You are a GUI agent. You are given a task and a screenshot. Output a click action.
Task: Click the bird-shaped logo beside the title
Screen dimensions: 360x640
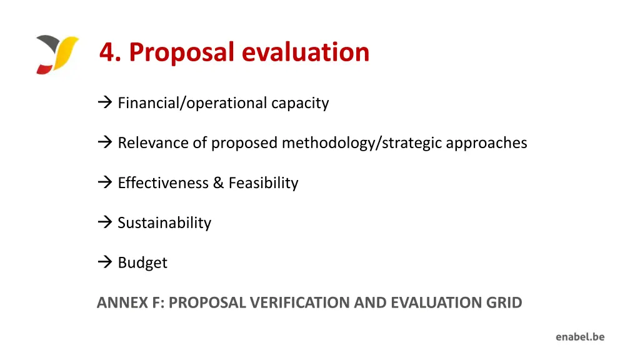click(x=57, y=55)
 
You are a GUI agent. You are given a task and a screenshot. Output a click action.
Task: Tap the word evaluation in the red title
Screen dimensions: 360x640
click(x=306, y=52)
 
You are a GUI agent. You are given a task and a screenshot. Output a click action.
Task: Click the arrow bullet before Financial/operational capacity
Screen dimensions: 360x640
click(x=104, y=102)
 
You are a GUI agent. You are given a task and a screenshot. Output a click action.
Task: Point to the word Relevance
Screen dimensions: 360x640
click(x=153, y=142)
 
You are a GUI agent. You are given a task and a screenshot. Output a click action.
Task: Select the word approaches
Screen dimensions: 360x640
click(x=486, y=143)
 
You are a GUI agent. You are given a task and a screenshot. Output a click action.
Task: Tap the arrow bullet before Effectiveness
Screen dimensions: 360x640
click(x=104, y=182)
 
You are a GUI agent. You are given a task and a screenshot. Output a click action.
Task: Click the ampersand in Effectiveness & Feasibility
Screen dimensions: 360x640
click(x=218, y=182)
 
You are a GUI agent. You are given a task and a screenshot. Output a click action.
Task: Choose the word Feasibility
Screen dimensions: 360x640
click(x=263, y=183)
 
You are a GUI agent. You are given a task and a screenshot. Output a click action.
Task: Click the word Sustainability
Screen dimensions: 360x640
click(x=164, y=223)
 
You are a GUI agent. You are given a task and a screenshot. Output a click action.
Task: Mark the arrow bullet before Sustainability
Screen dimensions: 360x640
click(x=104, y=222)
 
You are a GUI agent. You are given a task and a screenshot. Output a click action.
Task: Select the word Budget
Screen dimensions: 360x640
click(x=142, y=263)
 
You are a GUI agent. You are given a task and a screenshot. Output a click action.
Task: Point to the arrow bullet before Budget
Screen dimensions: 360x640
click(x=104, y=262)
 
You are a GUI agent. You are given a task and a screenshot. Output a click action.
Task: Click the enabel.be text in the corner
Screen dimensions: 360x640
click(x=580, y=337)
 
